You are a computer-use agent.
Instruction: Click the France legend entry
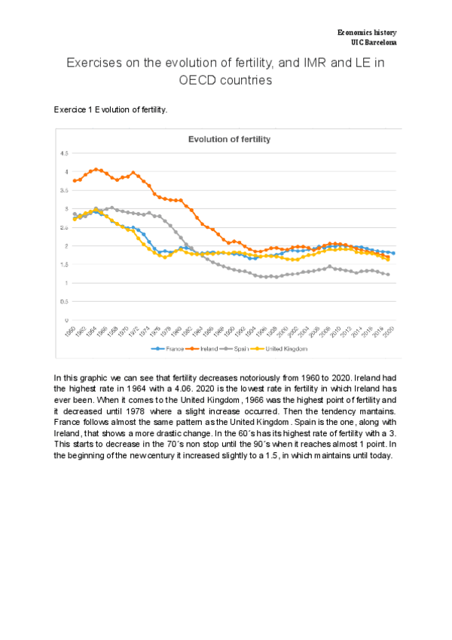click(x=170, y=349)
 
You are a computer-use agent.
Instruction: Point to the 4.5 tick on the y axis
click(x=64, y=153)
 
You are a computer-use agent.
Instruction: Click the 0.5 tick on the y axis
click(x=64, y=301)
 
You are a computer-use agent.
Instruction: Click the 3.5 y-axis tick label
click(x=64, y=190)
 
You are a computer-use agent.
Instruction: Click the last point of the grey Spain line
click(x=388, y=275)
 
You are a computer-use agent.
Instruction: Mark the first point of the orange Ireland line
click(x=74, y=181)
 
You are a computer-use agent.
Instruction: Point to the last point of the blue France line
click(x=393, y=253)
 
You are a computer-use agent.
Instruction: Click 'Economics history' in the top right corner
click(x=366, y=32)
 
